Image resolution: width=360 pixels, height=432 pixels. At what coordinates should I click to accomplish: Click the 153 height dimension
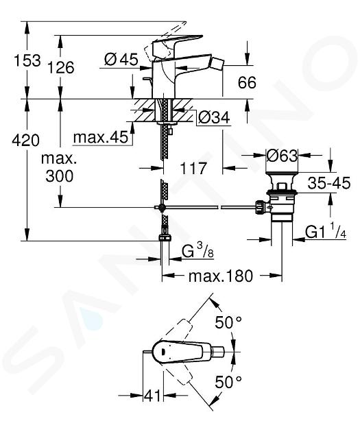click(27, 60)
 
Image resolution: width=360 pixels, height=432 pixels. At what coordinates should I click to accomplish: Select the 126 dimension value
click(61, 67)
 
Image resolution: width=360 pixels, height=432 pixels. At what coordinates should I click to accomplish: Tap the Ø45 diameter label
click(121, 59)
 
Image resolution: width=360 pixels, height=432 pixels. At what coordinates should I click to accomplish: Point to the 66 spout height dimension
click(247, 82)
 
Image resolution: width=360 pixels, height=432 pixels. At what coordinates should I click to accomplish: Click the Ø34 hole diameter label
click(214, 118)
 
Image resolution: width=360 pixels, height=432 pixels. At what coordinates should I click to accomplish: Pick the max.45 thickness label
click(101, 137)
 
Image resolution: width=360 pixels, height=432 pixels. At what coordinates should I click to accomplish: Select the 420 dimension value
click(26, 141)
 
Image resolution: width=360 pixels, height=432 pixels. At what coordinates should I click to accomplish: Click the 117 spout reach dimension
click(193, 168)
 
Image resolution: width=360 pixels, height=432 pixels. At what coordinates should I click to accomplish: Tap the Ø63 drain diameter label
click(282, 156)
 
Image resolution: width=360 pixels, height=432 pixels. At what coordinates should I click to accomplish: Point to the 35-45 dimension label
click(329, 182)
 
